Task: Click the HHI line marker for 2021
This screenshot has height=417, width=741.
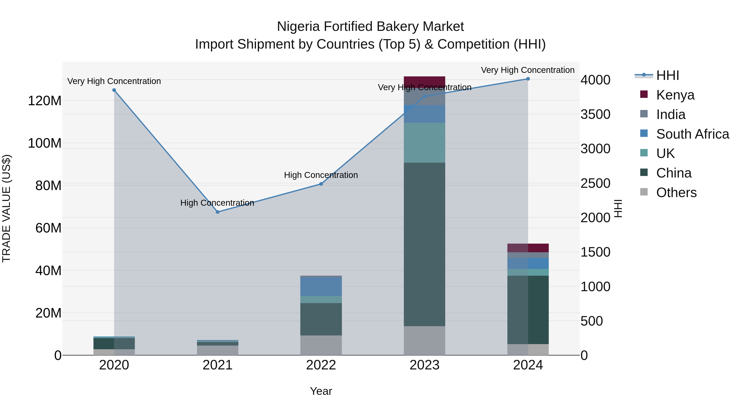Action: tap(218, 212)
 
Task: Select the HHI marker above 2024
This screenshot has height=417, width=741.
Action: tap(528, 79)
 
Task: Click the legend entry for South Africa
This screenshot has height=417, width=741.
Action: tap(692, 134)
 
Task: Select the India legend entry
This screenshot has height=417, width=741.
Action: tap(671, 114)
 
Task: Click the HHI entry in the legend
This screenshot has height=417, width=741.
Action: tap(667, 75)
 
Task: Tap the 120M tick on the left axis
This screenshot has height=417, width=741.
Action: tap(45, 101)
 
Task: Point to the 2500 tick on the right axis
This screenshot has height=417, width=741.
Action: tap(595, 183)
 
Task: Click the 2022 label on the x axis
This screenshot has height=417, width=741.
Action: tap(321, 365)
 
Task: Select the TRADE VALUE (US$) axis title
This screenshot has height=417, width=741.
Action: tap(6, 208)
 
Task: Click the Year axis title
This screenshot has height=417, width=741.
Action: tap(321, 391)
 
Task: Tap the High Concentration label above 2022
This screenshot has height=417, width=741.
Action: tap(321, 175)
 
